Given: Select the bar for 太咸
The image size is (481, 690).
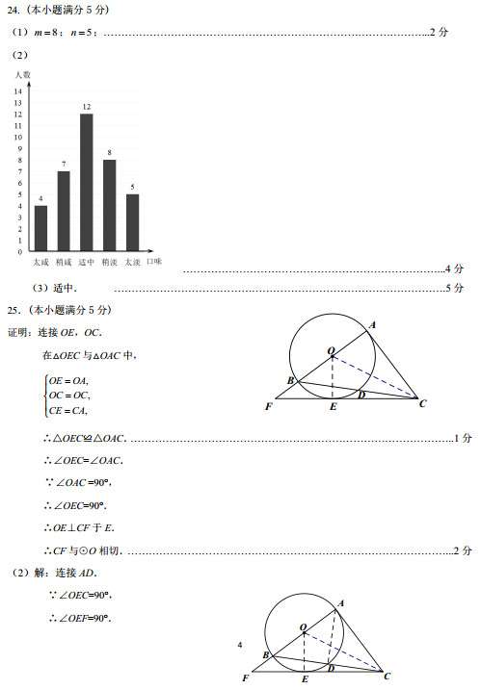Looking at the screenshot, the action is point(40,228).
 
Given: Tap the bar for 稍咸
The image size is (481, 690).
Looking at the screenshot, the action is point(64,211).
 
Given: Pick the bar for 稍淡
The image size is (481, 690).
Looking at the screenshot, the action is point(109,205).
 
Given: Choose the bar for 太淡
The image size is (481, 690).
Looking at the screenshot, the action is point(132,222).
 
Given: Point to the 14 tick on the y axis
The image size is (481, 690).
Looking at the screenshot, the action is point(18,91).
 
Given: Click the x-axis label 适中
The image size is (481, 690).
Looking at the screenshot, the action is point(86,262).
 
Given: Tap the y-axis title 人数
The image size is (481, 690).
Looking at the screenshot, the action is point(22,74).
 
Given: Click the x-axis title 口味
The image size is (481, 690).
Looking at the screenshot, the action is point(154,262).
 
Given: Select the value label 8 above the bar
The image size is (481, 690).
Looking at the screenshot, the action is point(109,153).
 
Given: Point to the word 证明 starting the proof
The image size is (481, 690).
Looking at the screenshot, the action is point(20,332).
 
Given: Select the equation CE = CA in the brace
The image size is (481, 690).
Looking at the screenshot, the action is point(67,411).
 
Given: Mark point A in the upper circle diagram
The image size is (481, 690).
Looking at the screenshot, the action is point(373,324).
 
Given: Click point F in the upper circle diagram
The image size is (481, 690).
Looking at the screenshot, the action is point(268,406).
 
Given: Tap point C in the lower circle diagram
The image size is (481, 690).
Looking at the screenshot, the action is point(388,677).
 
